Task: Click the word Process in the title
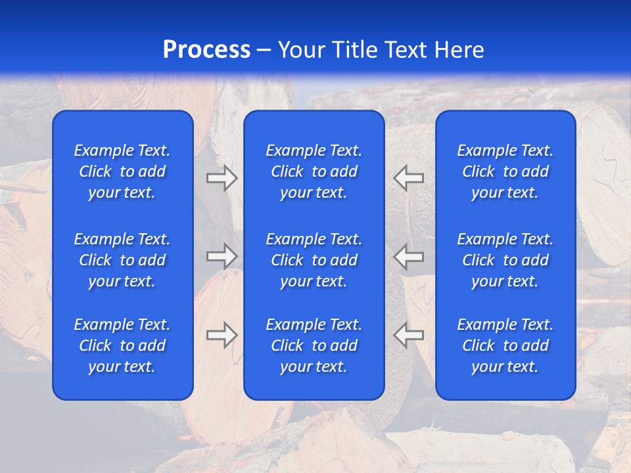(206, 50)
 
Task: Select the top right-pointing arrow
(222, 178)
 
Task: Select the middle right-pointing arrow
(222, 256)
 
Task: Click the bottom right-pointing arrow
(222, 334)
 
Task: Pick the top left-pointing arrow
(408, 178)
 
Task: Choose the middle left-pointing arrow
(408, 256)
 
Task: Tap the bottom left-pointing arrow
(408, 334)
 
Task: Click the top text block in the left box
(122, 171)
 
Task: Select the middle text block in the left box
(122, 260)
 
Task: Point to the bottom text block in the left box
(122, 346)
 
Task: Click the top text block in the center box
(314, 171)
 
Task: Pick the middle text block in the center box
(314, 260)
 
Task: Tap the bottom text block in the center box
(314, 346)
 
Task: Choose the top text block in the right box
(505, 171)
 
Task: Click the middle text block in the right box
(505, 260)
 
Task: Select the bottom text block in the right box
(505, 346)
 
